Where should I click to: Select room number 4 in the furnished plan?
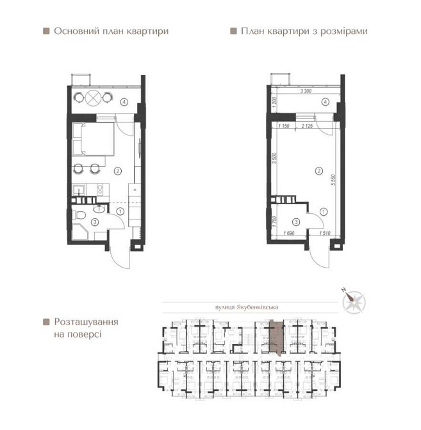126,101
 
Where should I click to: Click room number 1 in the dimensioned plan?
324,211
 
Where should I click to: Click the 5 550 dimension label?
334,181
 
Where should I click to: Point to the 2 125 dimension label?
307,126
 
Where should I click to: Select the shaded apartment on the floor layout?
275,338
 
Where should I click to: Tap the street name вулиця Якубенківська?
244,307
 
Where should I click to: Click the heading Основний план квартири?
111,31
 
